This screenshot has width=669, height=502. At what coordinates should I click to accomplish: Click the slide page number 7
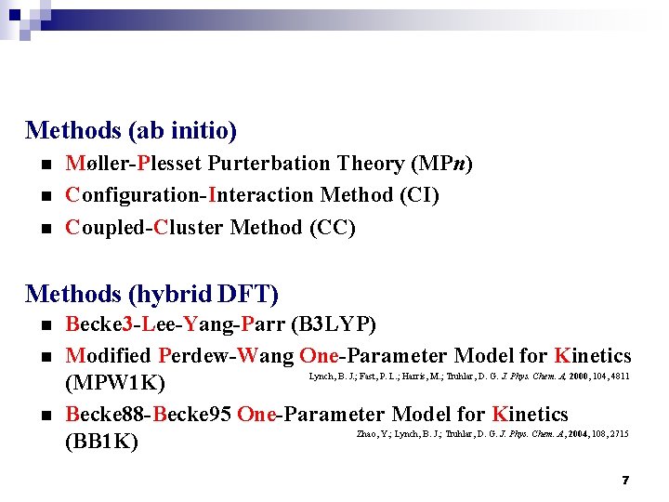click(625, 480)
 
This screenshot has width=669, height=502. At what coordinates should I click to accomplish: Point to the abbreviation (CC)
click(332, 228)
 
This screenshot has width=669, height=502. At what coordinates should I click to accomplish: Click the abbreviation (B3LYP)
click(334, 325)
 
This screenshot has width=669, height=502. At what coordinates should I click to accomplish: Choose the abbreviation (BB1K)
click(102, 443)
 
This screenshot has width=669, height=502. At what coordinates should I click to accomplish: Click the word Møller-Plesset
click(134, 164)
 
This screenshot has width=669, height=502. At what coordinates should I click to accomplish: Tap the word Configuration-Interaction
click(190, 195)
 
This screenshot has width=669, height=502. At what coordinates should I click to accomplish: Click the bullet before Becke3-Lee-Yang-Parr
click(43, 326)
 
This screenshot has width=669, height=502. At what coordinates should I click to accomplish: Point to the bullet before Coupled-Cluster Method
click(43, 229)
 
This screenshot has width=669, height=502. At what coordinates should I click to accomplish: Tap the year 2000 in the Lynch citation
click(580, 376)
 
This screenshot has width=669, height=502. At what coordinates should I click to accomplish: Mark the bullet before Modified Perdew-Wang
click(43, 356)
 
